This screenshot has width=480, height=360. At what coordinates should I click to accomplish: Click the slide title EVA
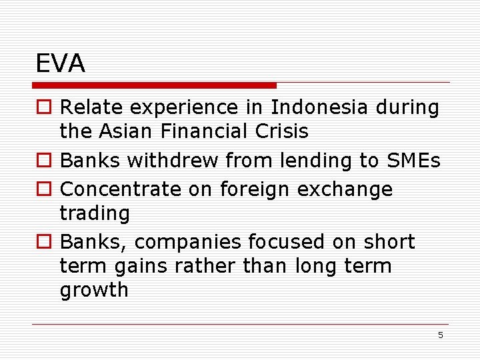61,64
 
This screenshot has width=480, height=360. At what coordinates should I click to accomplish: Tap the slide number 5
440,335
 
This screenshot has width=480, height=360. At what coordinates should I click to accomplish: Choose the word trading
95,214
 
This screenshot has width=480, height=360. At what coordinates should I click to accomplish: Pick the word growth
94,291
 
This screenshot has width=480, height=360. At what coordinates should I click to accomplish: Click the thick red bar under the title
155,85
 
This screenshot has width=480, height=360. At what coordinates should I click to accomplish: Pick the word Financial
205,131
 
